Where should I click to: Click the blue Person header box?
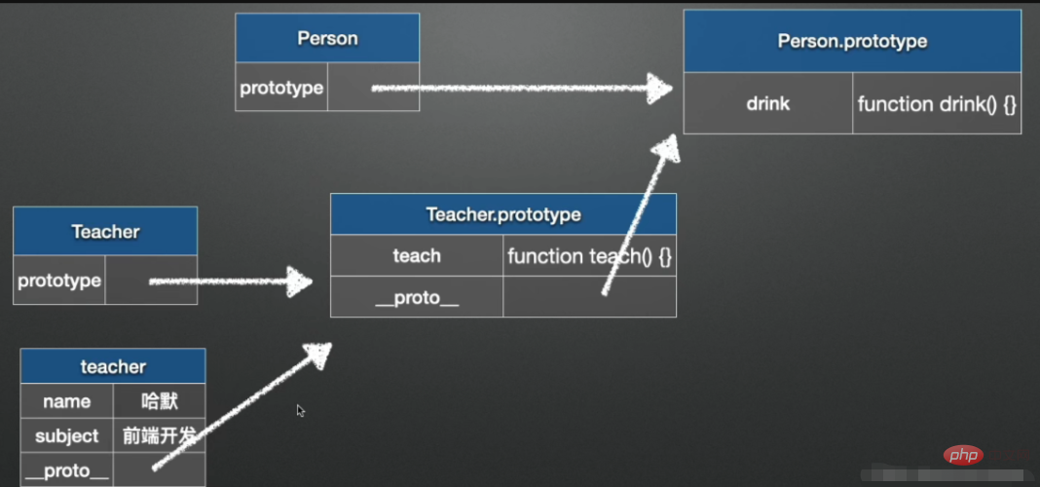(x=327, y=38)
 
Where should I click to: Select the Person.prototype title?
(x=852, y=41)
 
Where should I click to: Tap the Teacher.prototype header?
(x=502, y=214)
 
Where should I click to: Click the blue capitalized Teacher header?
(x=105, y=231)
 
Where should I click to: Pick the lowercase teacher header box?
(x=113, y=366)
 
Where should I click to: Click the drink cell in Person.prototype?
(x=768, y=103)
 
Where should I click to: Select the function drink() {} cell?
(x=937, y=103)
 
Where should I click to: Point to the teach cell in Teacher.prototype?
(x=417, y=256)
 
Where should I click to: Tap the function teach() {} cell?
(x=589, y=256)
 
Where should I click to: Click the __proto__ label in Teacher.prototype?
(x=417, y=297)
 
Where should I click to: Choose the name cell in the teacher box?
(x=67, y=401)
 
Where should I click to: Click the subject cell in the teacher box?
(x=67, y=435)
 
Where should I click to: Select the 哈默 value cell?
(x=160, y=401)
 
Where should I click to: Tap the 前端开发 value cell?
(x=160, y=435)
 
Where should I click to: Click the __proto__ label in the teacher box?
(x=67, y=470)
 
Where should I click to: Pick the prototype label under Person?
(x=281, y=88)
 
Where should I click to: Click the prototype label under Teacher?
(x=59, y=281)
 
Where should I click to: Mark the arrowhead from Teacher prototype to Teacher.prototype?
(x=299, y=282)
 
